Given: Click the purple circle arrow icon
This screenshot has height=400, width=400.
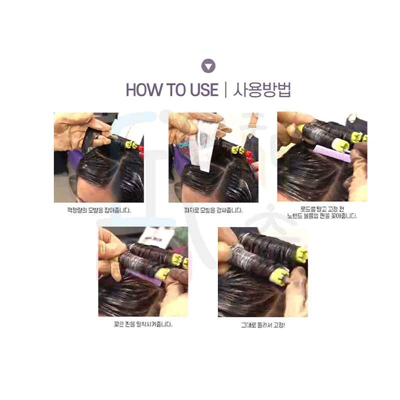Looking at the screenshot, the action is pos(208,66).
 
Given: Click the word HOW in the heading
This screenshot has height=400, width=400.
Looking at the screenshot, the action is pos(144,90).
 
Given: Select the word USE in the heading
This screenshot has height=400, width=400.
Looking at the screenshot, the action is pos(204,90).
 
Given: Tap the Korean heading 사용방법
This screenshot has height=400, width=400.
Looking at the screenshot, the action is pos(262,90).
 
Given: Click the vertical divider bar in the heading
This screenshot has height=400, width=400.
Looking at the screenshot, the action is pos(225,90).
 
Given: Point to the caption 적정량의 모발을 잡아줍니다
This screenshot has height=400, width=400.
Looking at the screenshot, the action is pos(98,210).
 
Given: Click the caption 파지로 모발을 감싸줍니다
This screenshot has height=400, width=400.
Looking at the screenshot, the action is pos(213,210).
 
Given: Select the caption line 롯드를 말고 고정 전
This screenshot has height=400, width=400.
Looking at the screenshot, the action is pos(322,209).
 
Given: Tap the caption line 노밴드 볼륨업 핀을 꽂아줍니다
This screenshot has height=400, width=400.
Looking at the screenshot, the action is pos(322,216).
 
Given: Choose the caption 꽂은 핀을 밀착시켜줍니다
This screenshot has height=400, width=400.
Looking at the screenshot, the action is pos(143,324).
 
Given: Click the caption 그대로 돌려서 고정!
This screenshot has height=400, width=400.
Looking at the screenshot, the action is pos(263,325).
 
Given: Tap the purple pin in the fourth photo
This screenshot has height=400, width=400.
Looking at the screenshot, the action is pos(143,277).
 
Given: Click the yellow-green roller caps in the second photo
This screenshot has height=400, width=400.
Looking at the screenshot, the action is pos(237,150).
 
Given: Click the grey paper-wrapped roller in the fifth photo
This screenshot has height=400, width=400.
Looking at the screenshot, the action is pos(251,257).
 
